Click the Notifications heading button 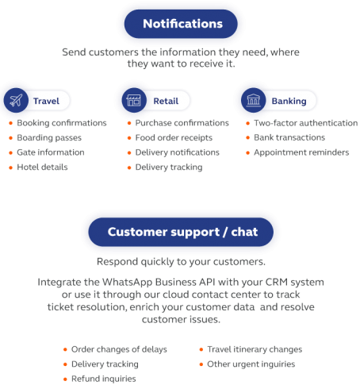click(181, 24)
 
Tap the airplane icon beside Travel click(16, 101)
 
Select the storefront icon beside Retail click(134, 101)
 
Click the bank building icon click(254, 101)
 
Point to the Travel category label click(46, 101)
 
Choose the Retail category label click(166, 101)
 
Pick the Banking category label click(289, 102)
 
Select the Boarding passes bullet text click(49, 138)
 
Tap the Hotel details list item click(42, 167)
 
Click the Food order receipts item click(174, 138)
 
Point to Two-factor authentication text click(306, 123)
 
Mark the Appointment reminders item click(301, 152)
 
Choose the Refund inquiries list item click(104, 379)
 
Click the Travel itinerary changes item click(255, 349)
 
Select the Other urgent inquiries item click(251, 364)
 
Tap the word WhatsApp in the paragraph click(127, 283)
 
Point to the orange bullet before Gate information click(11, 152)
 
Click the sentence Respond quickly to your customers click(181, 262)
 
